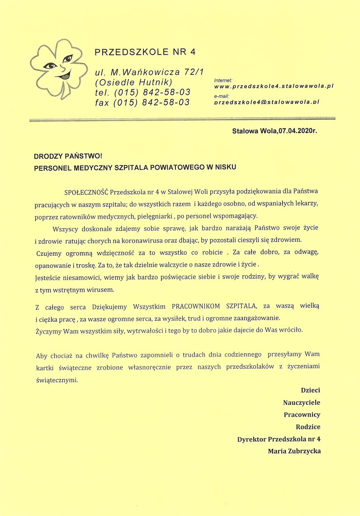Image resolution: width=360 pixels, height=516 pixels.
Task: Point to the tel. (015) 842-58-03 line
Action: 142,92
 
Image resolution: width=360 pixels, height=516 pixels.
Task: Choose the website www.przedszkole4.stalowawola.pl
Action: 274,86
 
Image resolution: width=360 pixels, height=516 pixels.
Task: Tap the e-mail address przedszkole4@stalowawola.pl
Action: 267,102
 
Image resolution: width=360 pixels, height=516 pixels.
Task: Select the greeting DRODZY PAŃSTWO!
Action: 68,156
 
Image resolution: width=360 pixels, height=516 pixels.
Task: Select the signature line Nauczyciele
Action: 302,403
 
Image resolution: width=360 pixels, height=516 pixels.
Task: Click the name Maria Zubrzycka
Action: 294,450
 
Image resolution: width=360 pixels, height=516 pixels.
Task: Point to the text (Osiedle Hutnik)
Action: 133,82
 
